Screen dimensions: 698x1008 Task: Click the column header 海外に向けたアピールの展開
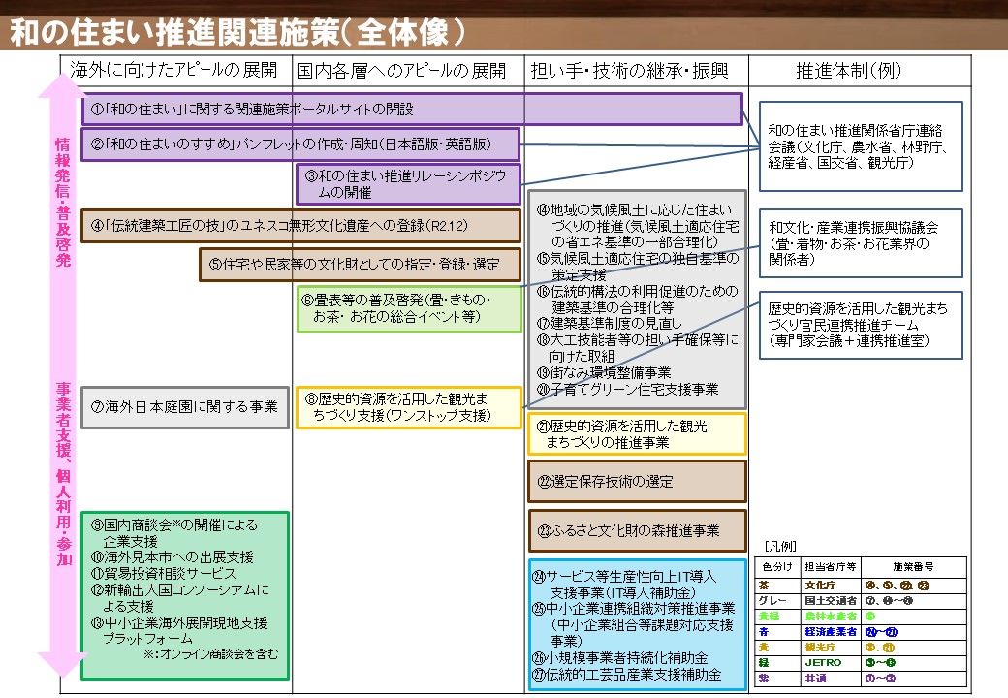pos(174,70)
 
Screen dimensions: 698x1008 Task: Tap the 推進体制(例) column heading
pos(856,70)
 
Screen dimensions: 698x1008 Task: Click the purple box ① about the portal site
pos(412,109)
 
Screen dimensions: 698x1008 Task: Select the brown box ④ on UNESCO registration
pos(300,225)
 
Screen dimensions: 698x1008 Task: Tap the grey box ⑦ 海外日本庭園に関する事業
pos(185,406)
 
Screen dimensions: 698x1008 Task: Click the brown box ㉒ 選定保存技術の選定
pos(637,481)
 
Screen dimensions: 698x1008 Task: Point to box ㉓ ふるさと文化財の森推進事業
pos(637,530)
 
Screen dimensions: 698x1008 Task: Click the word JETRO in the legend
pos(821,662)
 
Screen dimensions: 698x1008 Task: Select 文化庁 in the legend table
pos(821,585)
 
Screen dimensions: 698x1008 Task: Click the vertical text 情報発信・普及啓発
pos(62,194)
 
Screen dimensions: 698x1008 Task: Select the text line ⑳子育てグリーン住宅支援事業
pos(630,389)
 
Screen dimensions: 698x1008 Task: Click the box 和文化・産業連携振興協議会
pos(860,242)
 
